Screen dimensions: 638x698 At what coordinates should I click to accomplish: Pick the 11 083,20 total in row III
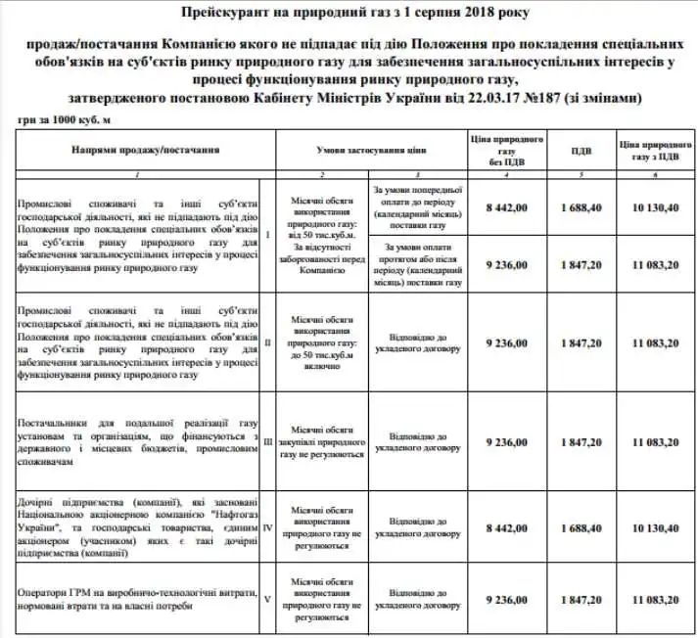tap(648, 442)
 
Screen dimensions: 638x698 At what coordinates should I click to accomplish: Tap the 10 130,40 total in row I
tap(648, 207)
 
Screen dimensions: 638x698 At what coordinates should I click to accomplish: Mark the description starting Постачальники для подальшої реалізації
tap(137, 441)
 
